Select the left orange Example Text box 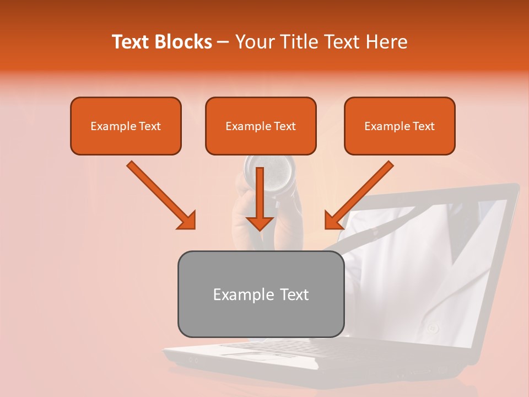126,126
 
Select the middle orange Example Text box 261,126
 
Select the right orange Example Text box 400,126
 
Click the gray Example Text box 261,294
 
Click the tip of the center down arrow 260,228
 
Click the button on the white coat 433,328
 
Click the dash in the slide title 223,42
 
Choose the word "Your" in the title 253,42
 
